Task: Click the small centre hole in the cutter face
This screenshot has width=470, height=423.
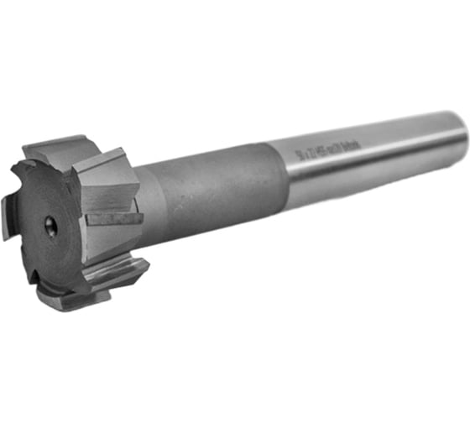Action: coord(51,227)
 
